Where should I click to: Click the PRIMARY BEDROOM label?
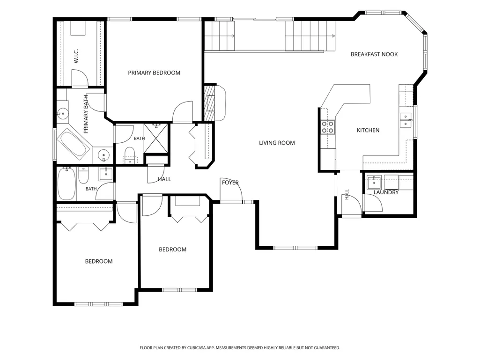point(154,73)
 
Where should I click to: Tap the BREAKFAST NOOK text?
point(374,54)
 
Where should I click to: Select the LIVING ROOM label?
point(277,143)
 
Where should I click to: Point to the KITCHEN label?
point(368,131)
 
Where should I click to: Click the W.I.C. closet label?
point(76,56)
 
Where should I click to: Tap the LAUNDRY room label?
point(386,192)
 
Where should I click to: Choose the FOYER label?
point(230,183)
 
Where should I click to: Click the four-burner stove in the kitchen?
point(327,127)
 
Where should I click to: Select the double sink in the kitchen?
point(406,120)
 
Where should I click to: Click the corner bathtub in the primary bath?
point(74,144)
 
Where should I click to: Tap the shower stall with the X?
point(156,138)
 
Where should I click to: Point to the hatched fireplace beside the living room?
point(209,103)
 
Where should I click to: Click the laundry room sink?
point(374,183)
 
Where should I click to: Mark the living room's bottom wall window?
point(295,248)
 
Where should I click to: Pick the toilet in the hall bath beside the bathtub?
point(83,176)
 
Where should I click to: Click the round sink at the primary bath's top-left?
point(62,114)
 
